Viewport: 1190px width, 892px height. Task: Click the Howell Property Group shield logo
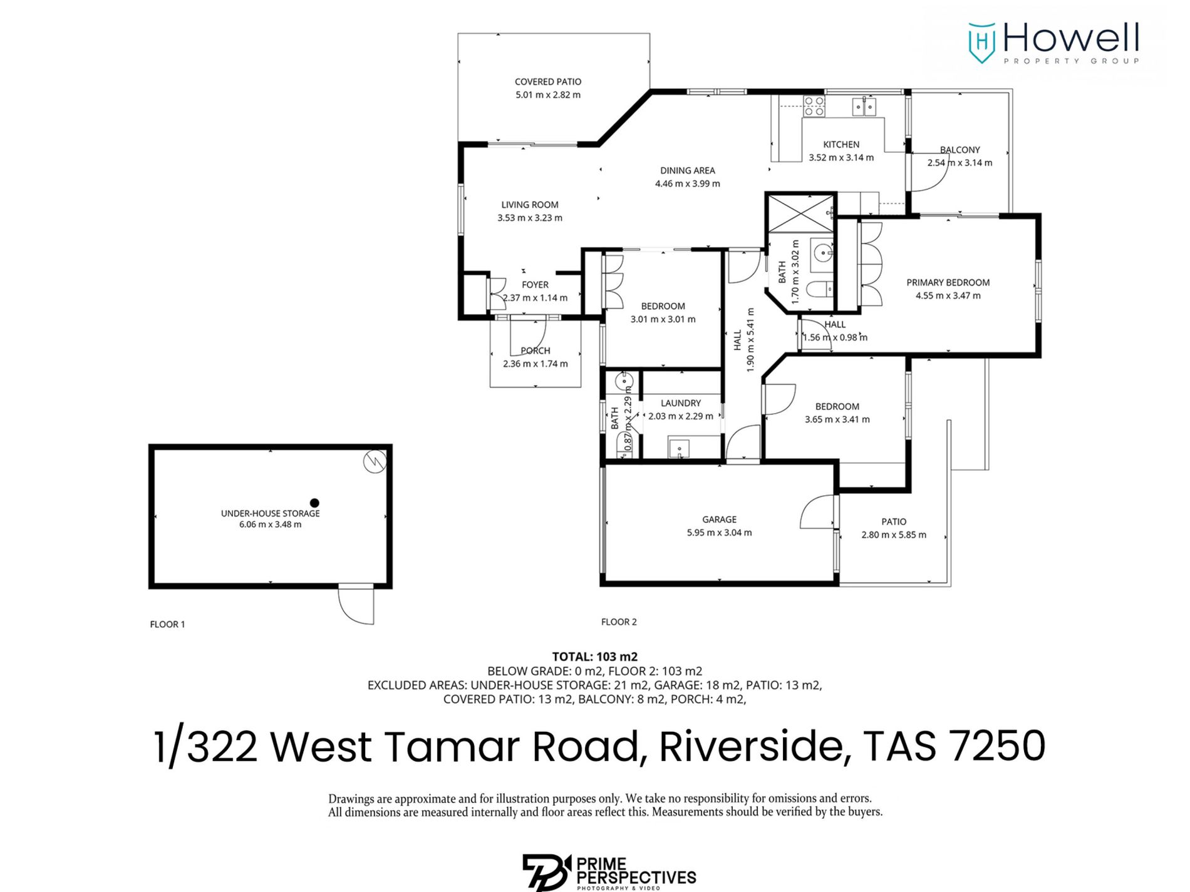[981, 43]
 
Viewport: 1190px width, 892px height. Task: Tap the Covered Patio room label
[548, 82]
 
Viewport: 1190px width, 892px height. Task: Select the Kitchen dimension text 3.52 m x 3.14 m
[841, 158]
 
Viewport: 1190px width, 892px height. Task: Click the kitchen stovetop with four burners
[814, 106]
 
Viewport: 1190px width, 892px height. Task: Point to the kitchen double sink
[865, 106]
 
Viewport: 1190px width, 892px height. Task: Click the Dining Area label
[687, 170]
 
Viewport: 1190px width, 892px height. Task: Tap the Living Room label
[530, 205]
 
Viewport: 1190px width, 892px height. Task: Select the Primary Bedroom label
[948, 282]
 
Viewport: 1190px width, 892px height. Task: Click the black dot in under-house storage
[314, 503]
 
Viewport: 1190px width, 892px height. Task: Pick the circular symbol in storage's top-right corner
[375, 462]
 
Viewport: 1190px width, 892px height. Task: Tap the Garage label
[719, 520]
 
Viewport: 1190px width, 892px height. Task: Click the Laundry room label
[681, 403]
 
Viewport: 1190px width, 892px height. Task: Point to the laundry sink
[679, 449]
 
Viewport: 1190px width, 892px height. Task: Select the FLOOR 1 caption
[167, 624]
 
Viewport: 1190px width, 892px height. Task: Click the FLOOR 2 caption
[619, 622]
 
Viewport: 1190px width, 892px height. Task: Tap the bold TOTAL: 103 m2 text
[594, 657]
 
